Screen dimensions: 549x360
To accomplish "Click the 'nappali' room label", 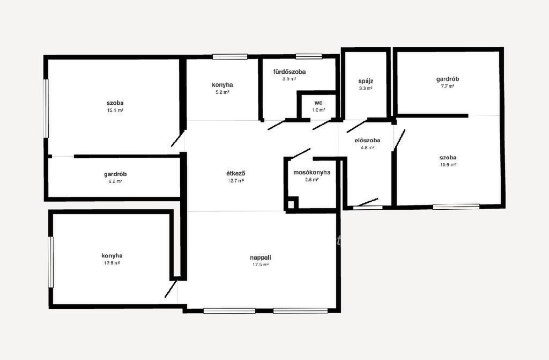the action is click(261, 258).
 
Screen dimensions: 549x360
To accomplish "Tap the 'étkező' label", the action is click(236, 173).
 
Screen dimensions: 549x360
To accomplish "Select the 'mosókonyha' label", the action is click(311, 172).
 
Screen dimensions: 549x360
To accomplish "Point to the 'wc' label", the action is click(318, 102).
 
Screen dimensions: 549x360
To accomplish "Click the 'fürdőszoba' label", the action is click(290, 72).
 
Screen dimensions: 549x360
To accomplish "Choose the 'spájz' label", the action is click(366, 82).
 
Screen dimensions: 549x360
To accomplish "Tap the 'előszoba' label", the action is click(367, 140).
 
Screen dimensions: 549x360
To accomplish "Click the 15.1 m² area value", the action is click(115, 111).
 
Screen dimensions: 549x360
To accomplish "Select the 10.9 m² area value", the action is click(449, 165).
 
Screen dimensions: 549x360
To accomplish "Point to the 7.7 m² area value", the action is click(448, 86).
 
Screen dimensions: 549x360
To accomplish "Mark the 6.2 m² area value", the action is click(115, 181).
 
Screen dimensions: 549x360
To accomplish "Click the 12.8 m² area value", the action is click(112, 263).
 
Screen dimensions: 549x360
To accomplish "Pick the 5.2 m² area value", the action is click(222, 92).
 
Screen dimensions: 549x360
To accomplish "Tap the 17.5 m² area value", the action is click(261, 265).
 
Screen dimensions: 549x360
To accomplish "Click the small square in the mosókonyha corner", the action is click(292, 204).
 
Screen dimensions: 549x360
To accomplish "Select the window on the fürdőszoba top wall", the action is click(308, 56).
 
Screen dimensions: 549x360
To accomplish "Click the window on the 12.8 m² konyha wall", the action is click(50, 262).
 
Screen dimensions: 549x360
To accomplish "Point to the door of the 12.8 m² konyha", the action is click(170, 289).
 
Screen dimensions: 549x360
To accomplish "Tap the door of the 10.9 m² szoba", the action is click(399, 140).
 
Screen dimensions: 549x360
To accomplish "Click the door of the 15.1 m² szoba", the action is click(178, 138).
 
